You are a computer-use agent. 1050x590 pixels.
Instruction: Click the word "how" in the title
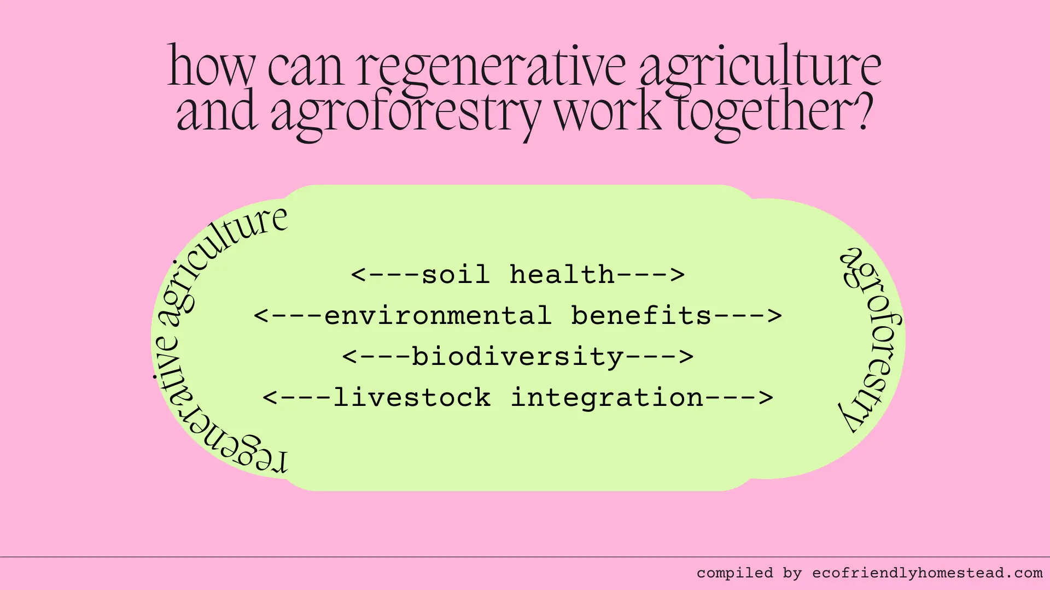[211, 67]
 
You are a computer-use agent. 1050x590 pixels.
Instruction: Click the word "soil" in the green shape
[455, 274]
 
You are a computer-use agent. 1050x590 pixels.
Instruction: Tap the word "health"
[562, 274]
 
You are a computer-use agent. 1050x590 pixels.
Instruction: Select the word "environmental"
[437, 316]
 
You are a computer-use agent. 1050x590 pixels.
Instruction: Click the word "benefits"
[641, 316]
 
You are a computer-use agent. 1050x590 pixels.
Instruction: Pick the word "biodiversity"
[517, 357]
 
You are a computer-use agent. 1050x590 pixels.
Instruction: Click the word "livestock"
[411, 398]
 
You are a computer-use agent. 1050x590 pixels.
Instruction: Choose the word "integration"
[606, 398]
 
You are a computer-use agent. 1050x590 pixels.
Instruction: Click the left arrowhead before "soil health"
[358, 275]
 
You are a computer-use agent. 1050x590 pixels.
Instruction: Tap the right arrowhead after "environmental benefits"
[775, 316]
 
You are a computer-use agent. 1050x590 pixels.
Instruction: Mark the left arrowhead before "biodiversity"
[349, 357]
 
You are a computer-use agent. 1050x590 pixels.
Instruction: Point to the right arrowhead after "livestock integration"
[766, 398]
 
